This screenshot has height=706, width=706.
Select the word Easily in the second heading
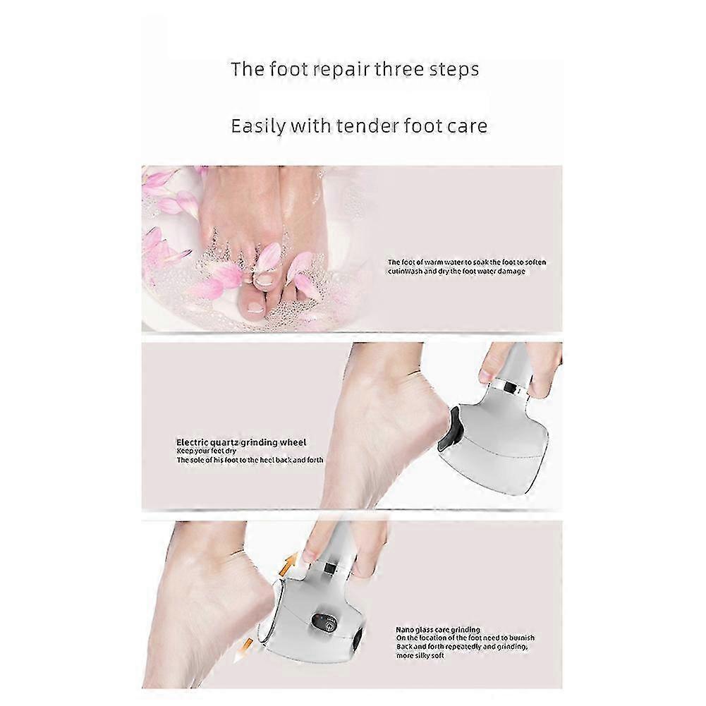(x=257, y=126)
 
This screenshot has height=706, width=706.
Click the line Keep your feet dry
(x=206, y=451)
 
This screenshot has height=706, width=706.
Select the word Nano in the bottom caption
(x=404, y=629)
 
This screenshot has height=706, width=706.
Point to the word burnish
(x=522, y=638)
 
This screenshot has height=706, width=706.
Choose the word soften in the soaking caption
(x=535, y=262)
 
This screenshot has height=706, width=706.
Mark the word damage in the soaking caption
(x=512, y=272)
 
